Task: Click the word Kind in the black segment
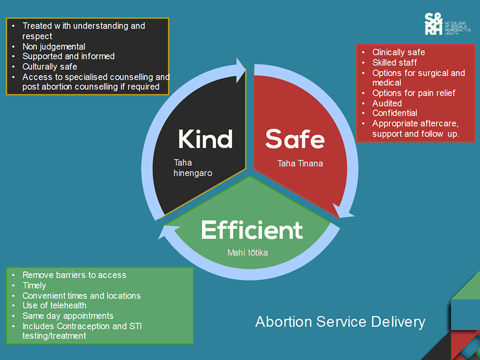205,139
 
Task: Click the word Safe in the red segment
295,139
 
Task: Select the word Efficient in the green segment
252,230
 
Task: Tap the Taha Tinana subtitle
300,163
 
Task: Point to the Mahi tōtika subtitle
247,252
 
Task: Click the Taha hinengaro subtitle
193,167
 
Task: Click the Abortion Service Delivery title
340,322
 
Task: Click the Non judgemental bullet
53,46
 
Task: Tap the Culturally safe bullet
50,67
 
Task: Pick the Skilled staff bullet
395,62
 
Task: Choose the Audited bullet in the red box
387,103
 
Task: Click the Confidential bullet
395,113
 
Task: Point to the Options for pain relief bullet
414,93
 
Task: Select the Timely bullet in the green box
34,285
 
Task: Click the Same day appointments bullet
68,316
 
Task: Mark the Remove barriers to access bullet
74,275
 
